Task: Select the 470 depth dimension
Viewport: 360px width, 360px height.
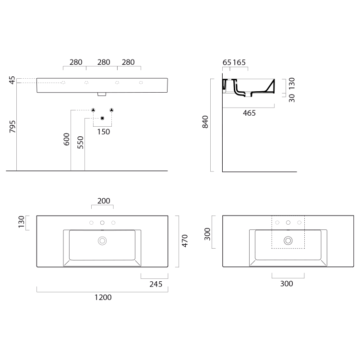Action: [185, 240]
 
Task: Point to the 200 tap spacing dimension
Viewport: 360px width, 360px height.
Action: [103, 201]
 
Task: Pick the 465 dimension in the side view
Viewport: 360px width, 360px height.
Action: [249, 113]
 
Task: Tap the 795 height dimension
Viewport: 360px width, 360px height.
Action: [12, 126]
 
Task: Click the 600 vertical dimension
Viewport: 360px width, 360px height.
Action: [67, 140]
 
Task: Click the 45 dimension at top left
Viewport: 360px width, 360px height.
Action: [12, 81]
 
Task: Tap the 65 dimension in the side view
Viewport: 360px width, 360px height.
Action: [227, 62]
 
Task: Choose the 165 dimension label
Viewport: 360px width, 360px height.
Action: [240, 62]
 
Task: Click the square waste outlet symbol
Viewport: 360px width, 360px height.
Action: [102, 118]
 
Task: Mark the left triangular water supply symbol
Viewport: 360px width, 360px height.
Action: [94, 110]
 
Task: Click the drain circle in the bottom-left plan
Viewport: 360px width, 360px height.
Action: [102, 240]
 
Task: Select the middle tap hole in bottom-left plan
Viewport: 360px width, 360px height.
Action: [102, 223]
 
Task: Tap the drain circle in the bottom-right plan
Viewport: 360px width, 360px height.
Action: [288, 240]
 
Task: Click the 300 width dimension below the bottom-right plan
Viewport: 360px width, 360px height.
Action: [287, 284]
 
